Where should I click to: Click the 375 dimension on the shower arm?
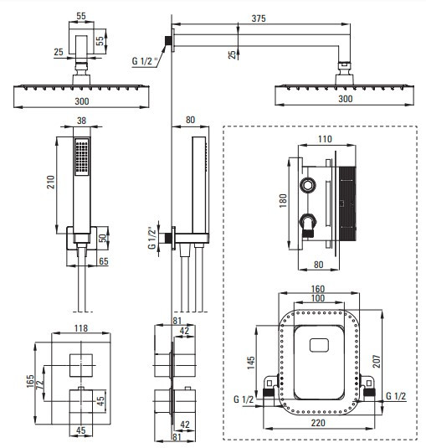click(x=259, y=18)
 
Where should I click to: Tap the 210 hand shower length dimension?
click(x=50, y=182)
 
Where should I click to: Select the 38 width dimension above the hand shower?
click(x=81, y=121)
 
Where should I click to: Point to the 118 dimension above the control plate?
click(x=81, y=328)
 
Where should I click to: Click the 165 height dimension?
click(x=30, y=381)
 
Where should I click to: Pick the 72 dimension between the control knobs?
click(x=39, y=384)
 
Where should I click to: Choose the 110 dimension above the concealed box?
click(x=325, y=139)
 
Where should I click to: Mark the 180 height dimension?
click(x=283, y=201)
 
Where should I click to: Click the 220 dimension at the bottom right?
click(x=318, y=423)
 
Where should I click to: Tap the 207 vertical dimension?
click(x=377, y=361)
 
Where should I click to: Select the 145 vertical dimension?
click(x=251, y=363)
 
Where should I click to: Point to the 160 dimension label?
click(x=318, y=289)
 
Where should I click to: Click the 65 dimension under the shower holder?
click(x=104, y=261)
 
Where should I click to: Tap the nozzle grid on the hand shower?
click(x=82, y=157)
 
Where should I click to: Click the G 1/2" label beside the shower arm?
click(x=145, y=61)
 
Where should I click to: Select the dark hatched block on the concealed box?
click(x=347, y=203)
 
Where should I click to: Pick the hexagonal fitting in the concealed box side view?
click(x=308, y=185)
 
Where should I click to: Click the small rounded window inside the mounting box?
click(x=319, y=345)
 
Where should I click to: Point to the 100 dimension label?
click(x=318, y=298)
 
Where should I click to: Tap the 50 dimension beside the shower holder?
click(x=103, y=238)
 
